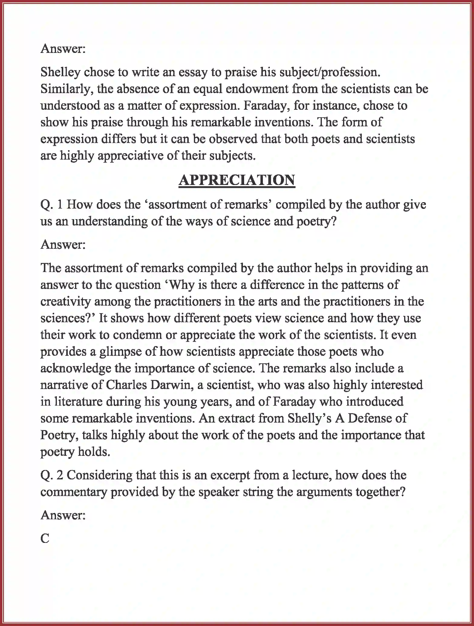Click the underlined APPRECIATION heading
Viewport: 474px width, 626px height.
pyautogui.click(x=237, y=180)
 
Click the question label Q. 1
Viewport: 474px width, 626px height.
pyautogui.click(x=51, y=205)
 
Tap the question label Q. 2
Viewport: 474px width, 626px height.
pyautogui.click(x=51, y=475)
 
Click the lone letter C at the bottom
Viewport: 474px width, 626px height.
pyautogui.click(x=45, y=539)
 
